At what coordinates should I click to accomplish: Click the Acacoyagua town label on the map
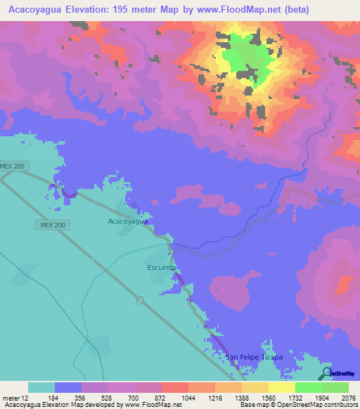[127, 221]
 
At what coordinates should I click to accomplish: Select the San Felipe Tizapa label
[253, 357]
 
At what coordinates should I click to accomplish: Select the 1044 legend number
[188, 397]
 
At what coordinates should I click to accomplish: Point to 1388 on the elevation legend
[242, 397]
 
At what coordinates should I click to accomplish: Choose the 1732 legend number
[295, 397]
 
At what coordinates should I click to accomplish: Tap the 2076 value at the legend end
[347, 397]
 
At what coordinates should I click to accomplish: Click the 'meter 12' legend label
[15, 397]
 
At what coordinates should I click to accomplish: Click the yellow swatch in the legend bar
[281, 387]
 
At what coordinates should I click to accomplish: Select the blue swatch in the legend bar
[68, 387]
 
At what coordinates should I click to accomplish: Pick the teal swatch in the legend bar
[41, 387]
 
